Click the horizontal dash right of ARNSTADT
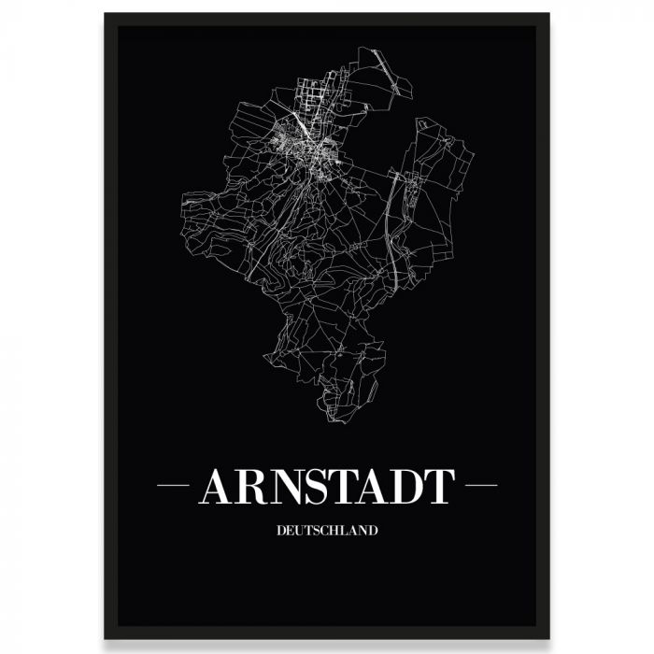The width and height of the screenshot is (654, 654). point(481,486)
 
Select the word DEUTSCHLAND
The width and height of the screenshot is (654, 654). point(327,531)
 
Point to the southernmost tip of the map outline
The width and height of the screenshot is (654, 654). point(333,421)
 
